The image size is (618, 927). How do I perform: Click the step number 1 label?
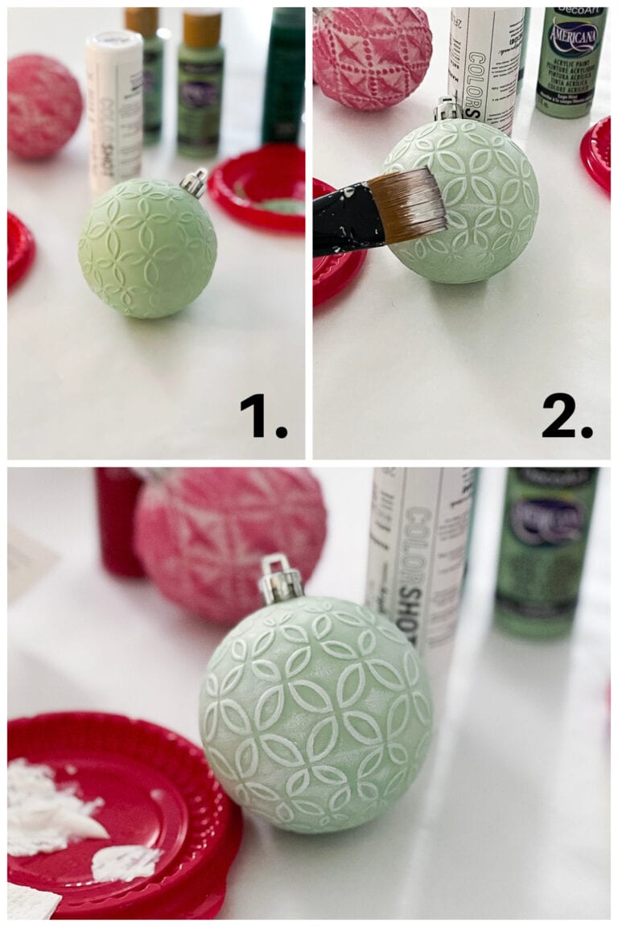pos(263,417)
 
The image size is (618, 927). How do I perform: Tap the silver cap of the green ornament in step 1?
pos(194,182)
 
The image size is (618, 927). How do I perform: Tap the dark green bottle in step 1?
pos(283,76)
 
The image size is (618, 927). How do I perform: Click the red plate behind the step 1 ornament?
pos(257,187)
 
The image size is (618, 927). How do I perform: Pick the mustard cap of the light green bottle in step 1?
pos(201,28)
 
